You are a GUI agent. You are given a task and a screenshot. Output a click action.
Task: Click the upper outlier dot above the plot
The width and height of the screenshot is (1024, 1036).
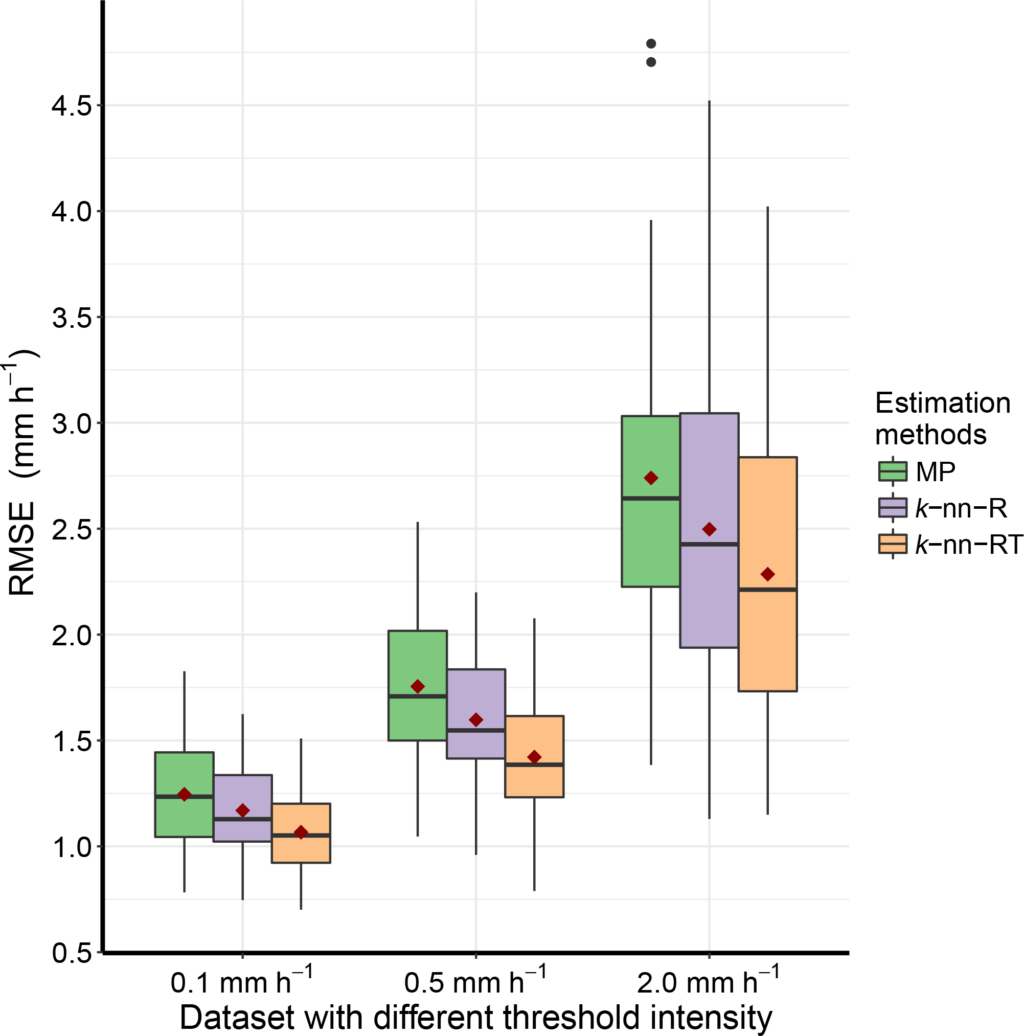pyautogui.click(x=651, y=43)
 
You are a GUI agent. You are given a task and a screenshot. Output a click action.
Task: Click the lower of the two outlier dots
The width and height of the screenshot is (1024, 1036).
pyautogui.click(x=651, y=62)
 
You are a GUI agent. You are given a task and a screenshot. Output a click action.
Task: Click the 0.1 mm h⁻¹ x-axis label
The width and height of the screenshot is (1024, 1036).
pyautogui.click(x=241, y=982)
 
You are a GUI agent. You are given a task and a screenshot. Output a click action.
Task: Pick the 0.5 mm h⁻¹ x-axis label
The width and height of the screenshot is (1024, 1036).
pyautogui.click(x=475, y=982)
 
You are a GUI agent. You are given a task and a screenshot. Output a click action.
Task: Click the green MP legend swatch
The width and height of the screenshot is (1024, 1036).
pyautogui.click(x=893, y=471)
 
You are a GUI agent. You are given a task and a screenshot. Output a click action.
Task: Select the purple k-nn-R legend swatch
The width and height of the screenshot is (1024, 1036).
pyautogui.click(x=893, y=507)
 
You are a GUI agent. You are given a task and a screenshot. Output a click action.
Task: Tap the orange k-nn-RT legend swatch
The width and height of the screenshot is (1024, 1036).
pyautogui.click(x=893, y=544)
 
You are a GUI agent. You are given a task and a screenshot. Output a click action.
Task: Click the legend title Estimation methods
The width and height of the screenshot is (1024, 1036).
pyautogui.click(x=942, y=419)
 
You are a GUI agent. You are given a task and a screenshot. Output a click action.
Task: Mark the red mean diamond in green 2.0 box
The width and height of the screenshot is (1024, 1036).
pyautogui.click(x=651, y=478)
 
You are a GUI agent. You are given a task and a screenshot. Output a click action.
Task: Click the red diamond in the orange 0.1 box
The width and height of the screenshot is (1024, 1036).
pyautogui.click(x=301, y=832)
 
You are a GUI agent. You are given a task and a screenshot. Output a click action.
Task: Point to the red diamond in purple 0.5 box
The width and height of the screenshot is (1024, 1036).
pyautogui.click(x=475, y=719)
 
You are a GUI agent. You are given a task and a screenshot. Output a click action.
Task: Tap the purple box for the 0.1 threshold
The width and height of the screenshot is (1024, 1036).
pyautogui.click(x=243, y=799)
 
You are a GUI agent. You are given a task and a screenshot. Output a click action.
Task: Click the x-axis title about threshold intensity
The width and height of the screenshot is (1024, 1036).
pyautogui.click(x=475, y=1017)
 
